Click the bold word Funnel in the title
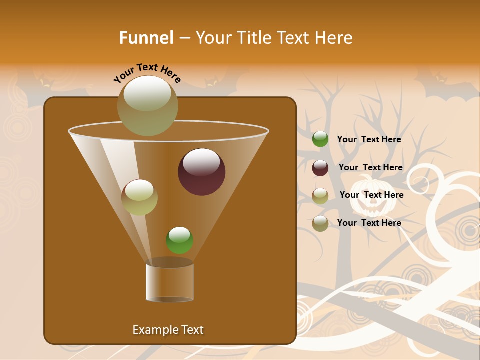point(146,38)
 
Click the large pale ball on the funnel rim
point(148,105)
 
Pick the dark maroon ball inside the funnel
point(201,172)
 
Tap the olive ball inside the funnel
point(139,197)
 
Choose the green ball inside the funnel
point(179,240)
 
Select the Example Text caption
point(168,330)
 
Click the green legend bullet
point(320,139)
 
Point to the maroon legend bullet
point(320,168)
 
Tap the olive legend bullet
point(320,196)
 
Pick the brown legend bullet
point(320,223)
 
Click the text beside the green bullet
point(369,139)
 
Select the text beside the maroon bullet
point(370,167)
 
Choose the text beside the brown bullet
point(369,223)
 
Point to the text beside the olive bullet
point(371,195)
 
